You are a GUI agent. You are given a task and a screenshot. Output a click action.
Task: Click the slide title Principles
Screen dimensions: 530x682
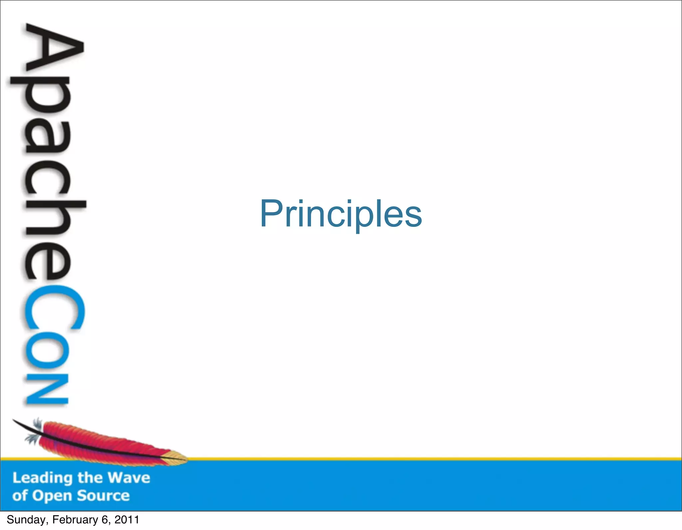click(x=341, y=214)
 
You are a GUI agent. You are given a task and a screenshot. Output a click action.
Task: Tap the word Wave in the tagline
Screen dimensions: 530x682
click(x=129, y=478)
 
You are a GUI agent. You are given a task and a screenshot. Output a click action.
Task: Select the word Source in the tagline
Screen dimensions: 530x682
click(x=103, y=496)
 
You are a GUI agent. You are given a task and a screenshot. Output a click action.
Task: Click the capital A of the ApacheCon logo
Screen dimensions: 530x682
click(x=53, y=48)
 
